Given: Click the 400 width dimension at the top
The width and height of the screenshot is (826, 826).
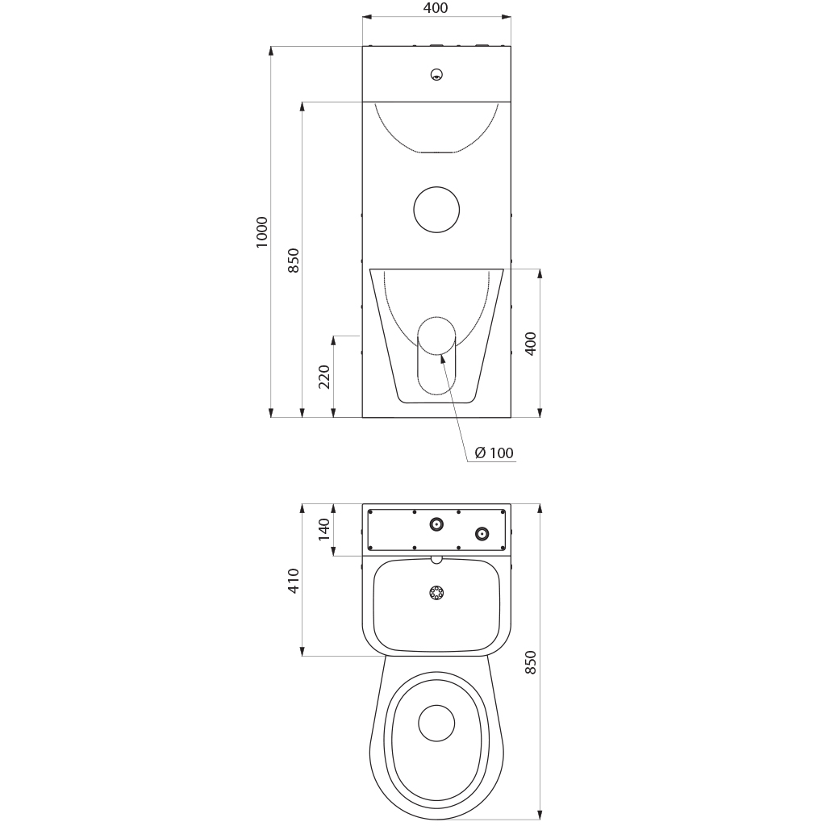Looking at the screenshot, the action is coord(436,8).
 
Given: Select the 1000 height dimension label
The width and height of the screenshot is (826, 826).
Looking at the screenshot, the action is coord(262,232).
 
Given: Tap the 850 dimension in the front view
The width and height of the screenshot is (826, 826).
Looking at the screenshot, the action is coord(294,261).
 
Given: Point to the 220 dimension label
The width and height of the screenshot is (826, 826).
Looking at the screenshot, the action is coord(324,377).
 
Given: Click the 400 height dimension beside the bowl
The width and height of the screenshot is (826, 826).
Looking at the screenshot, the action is coord(531,344).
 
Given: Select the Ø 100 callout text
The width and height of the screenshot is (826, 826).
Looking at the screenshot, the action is coord(494,453).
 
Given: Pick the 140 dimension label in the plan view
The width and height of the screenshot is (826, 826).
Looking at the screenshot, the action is coord(324,529).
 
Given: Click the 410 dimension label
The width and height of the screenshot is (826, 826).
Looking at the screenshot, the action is coord(294,581).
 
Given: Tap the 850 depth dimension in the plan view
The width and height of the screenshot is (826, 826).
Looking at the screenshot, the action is coord(531,662).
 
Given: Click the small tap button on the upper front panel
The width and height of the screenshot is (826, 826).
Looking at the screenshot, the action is coord(436,74).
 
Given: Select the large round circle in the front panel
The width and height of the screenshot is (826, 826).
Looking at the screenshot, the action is coord(436,210).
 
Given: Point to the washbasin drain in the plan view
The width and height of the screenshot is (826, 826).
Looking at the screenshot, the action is coord(436,593).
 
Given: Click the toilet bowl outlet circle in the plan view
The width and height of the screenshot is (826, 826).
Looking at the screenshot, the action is coord(436,724).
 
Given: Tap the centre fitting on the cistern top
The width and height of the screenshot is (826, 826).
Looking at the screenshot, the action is coord(436,524).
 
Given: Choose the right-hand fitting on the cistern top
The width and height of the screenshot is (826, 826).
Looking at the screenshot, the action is coord(482,534).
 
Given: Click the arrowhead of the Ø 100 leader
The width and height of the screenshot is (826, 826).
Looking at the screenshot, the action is coord(441,358).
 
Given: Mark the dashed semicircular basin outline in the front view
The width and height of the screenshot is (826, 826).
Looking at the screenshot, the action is coord(436,152).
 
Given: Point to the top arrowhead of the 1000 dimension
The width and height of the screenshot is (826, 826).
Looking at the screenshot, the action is coord(271,52).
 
